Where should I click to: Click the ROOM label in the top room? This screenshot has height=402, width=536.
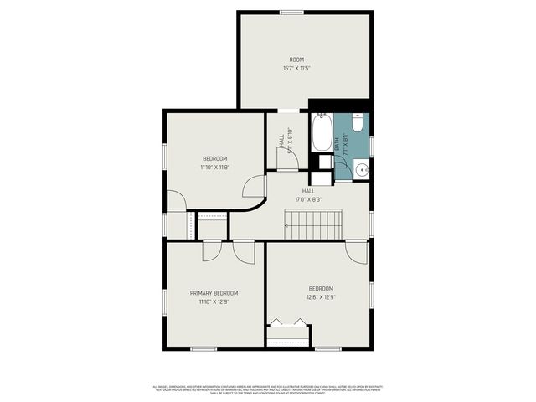(296, 59)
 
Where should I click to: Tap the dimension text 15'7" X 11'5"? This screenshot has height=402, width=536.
(296, 69)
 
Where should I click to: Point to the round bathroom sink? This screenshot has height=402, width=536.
(361, 170)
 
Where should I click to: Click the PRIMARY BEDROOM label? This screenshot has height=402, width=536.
(214, 293)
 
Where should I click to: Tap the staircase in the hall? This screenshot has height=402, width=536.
(314, 224)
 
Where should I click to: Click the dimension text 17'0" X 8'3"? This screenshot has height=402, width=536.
(308, 199)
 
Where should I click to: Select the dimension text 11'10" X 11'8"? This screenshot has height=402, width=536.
(214, 167)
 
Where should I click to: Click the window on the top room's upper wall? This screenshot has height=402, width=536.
(291, 12)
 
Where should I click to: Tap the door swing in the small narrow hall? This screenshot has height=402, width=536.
(287, 162)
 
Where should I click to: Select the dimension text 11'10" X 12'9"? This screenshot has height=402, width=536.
(214, 301)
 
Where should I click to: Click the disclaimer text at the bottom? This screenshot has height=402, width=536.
(267, 389)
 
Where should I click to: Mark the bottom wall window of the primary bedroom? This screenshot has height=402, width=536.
(204, 348)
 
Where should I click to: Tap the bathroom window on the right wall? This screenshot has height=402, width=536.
(371, 145)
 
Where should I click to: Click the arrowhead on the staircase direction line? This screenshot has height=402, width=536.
(287, 225)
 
